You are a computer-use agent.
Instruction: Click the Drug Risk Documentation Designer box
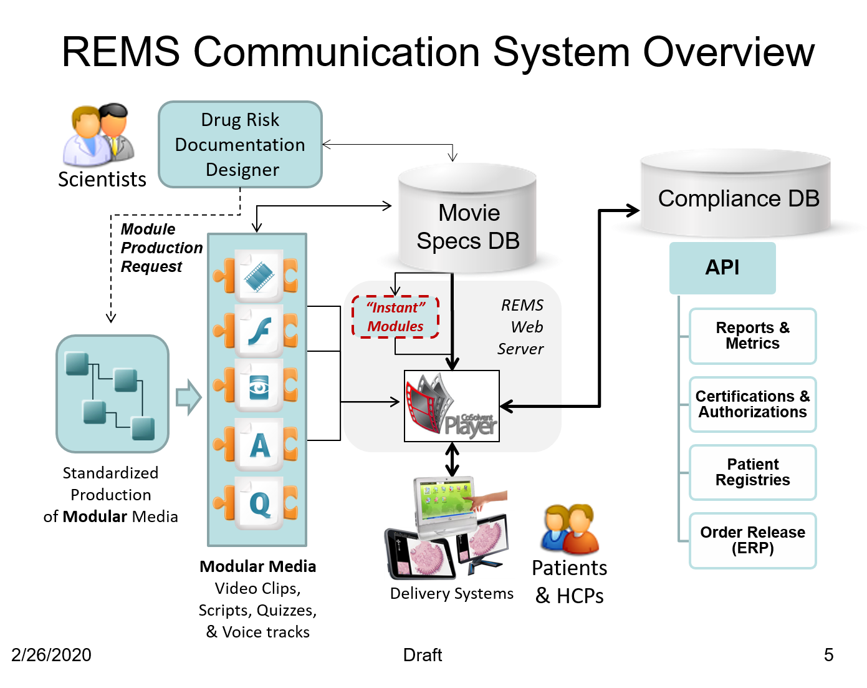240,144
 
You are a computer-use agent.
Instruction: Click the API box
722,268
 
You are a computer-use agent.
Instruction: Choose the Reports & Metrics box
752,336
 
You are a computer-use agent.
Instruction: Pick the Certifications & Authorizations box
752,404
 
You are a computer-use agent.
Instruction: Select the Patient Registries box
752,472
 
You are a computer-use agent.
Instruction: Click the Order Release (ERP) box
752,540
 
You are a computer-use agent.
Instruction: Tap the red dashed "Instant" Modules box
395,317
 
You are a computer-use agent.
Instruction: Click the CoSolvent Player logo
452,406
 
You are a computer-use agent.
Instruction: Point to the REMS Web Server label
521,327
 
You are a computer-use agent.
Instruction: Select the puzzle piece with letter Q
259,503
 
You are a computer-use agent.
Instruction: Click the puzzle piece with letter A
259,444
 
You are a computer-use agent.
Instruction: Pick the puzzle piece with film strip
259,276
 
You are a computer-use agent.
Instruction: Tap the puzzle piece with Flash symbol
259,331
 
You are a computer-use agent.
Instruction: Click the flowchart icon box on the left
112,394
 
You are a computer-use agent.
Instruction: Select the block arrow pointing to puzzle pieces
189,397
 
